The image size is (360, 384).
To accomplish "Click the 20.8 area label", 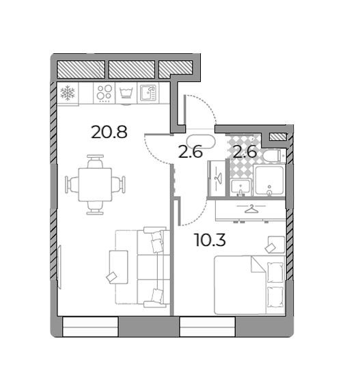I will point(109,132).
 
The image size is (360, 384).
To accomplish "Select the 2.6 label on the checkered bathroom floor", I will point(244,152).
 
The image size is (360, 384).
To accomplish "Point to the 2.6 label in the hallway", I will point(190,152).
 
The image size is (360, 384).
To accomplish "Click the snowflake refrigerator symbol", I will point(67,93).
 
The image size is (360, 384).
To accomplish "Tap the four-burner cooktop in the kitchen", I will point(104,93).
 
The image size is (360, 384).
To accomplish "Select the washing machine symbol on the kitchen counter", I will point(126,93).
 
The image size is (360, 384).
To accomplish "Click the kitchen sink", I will point(148,92).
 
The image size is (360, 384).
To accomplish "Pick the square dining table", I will point(96,184).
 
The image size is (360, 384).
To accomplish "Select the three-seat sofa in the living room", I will point(152,266).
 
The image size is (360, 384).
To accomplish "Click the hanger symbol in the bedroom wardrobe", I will point(251,208).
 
